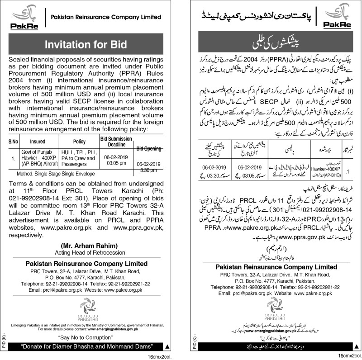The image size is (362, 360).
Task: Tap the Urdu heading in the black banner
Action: click(271, 45)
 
